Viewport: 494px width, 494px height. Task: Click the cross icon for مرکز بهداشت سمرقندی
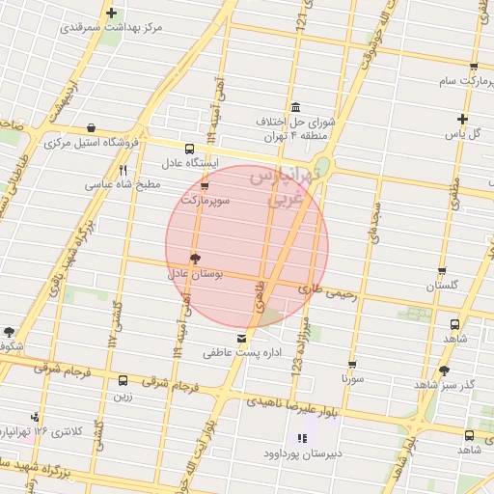[x=113, y=14]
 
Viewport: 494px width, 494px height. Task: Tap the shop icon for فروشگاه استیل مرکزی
[x=91, y=127]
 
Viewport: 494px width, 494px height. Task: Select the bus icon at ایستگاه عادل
[x=189, y=150]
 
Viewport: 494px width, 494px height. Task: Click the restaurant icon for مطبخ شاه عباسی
[x=123, y=171]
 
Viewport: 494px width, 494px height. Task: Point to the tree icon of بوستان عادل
[x=196, y=259]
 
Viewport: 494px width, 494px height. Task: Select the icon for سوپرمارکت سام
[x=473, y=68]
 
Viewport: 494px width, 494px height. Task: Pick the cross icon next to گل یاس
[x=462, y=120]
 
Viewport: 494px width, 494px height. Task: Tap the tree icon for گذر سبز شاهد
[x=443, y=370]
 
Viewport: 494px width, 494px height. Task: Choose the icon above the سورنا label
[x=351, y=365]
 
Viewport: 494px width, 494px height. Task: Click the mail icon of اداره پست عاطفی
[x=241, y=339]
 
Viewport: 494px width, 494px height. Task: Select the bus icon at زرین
[x=123, y=380]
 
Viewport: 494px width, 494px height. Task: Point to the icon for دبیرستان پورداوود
[x=302, y=439]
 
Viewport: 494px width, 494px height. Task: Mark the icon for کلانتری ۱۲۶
[x=36, y=417]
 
